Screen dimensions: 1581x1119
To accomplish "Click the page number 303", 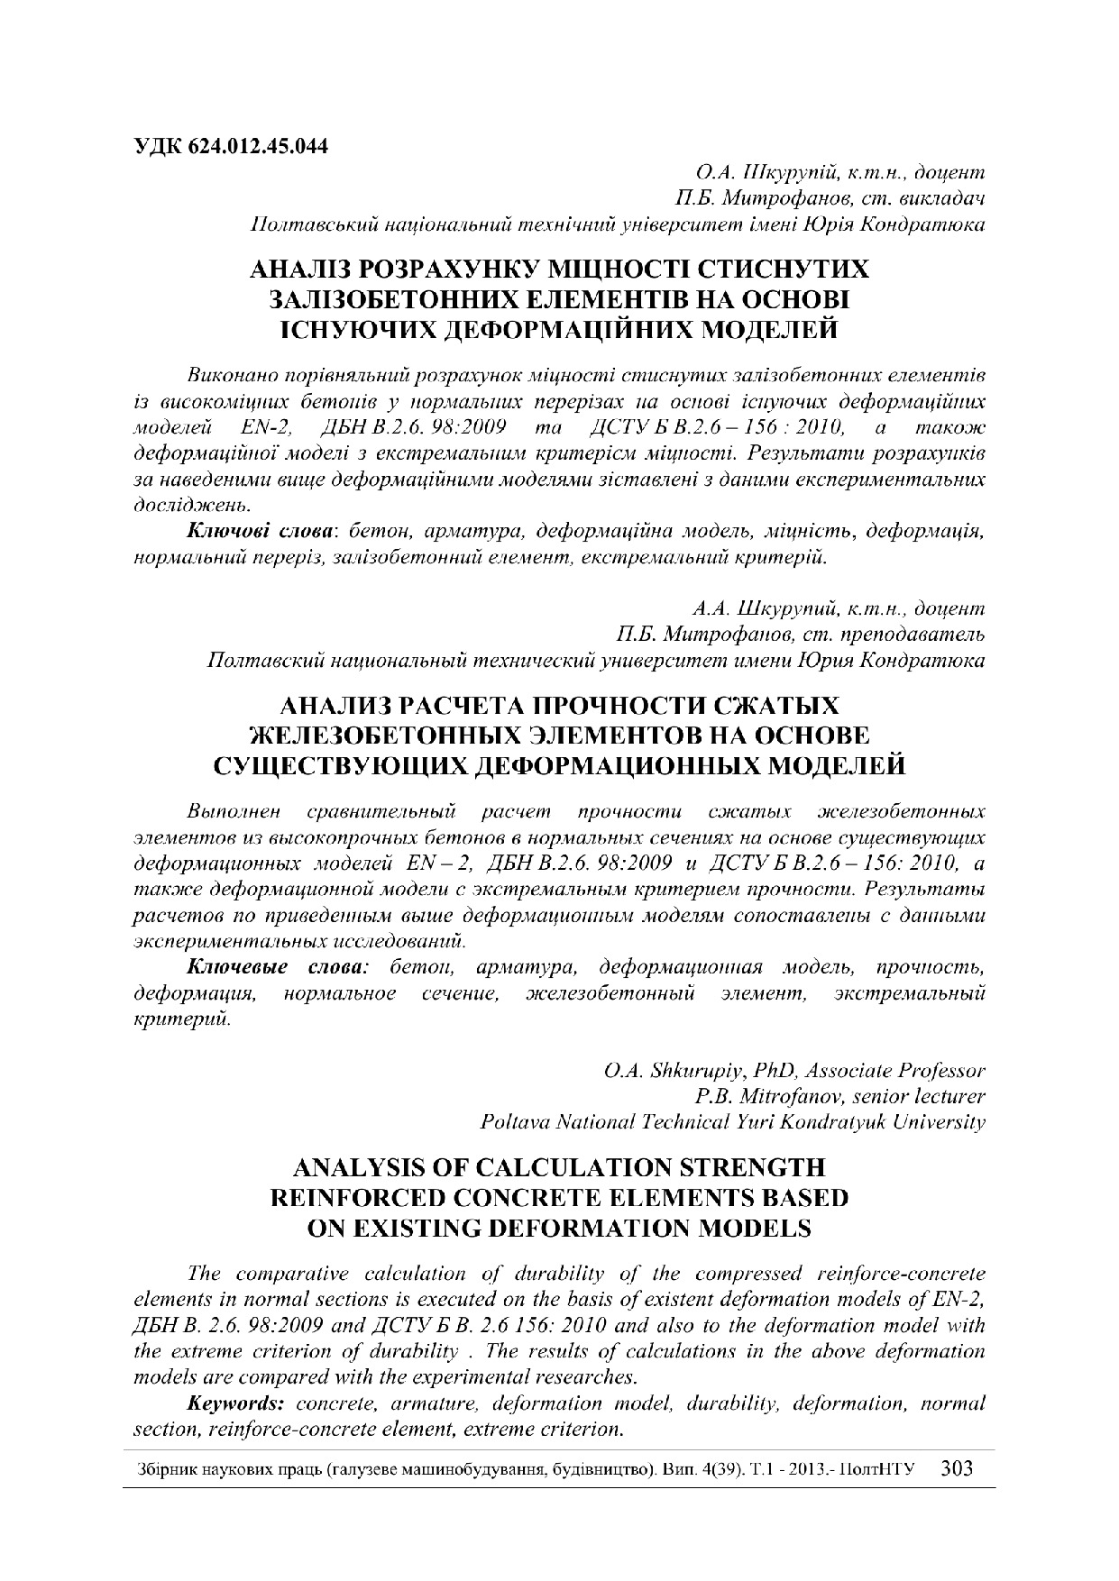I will coord(957,1468).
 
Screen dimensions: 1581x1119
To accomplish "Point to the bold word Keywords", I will coord(236,1403).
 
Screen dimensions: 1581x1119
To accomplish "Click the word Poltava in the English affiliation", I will coord(511,1122).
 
